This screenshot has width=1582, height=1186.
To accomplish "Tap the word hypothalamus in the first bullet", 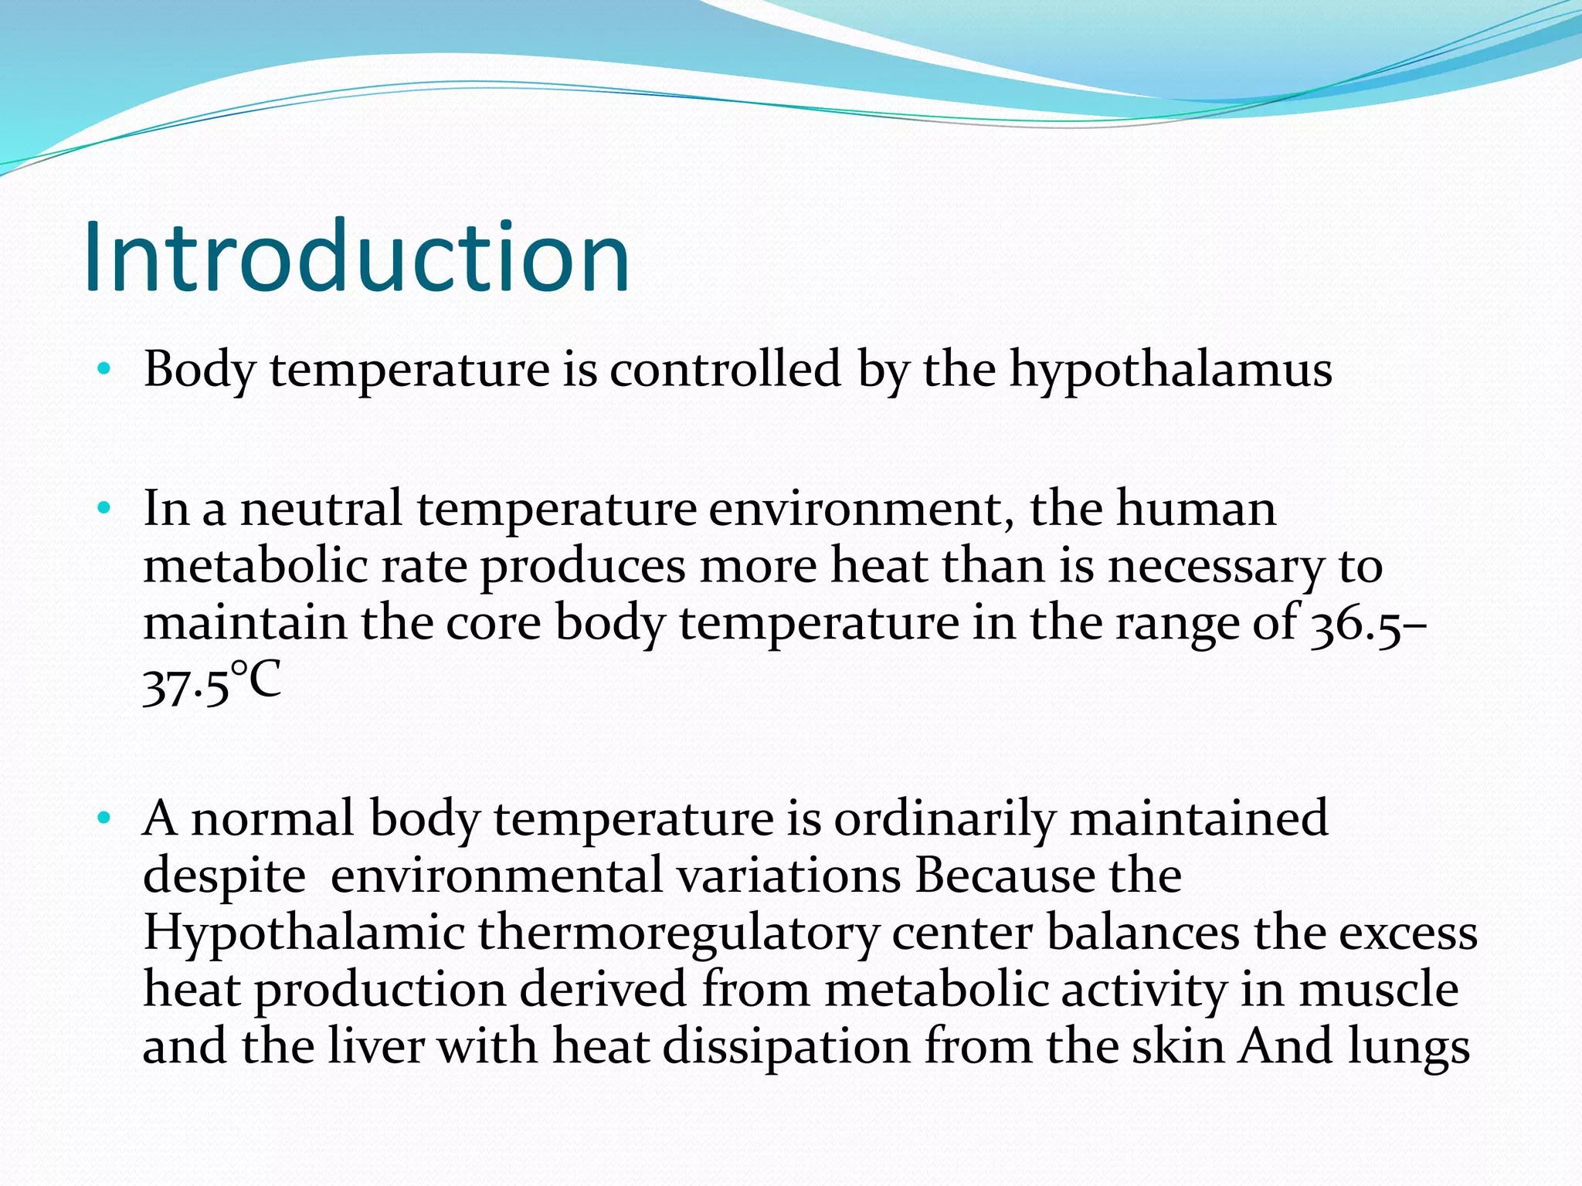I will [1171, 369].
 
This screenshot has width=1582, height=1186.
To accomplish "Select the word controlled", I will [725, 369].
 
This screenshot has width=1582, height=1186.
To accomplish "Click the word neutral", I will [321, 510].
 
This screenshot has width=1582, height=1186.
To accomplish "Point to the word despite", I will [224, 877].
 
